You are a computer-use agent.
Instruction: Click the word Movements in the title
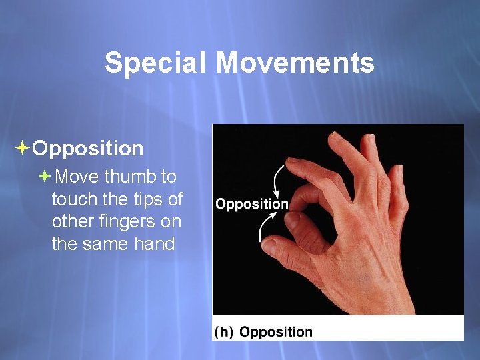click(x=295, y=63)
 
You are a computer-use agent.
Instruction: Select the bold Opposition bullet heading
click(x=87, y=148)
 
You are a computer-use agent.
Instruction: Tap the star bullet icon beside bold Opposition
click(x=23, y=148)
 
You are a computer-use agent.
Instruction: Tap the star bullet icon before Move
click(x=44, y=177)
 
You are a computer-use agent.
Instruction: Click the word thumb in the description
click(x=131, y=177)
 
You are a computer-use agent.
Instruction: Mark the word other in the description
click(x=71, y=221)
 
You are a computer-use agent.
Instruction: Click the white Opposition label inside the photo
click(x=251, y=204)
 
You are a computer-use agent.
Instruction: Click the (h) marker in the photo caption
click(x=224, y=331)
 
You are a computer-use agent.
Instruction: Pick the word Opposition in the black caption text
click(x=275, y=331)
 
